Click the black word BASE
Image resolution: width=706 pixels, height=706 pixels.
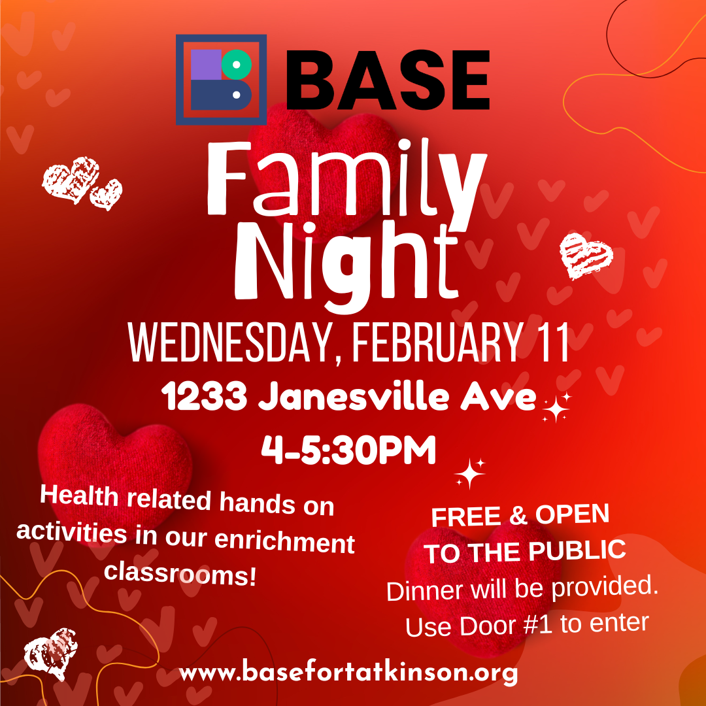click(x=387, y=81)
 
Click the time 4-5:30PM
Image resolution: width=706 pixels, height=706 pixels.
click(x=348, y=450)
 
